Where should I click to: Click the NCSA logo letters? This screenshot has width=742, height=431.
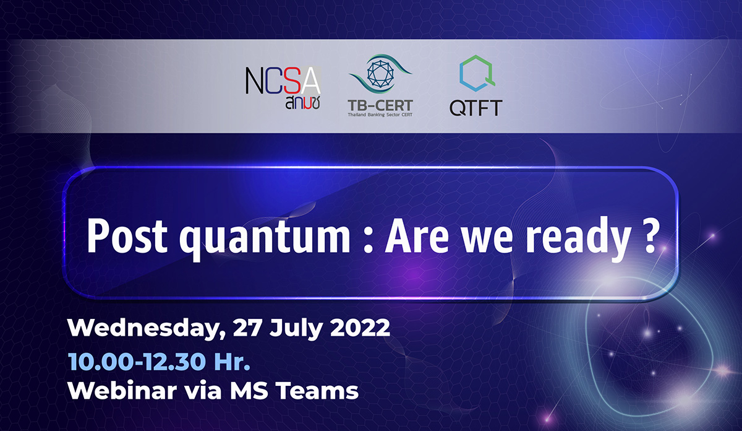tap(283, 81)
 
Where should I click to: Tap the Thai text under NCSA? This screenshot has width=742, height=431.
tap(303, 103)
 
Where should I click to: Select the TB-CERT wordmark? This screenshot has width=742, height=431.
tap(380, 106)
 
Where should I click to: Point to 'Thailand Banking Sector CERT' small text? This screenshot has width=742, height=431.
tap(380, 115)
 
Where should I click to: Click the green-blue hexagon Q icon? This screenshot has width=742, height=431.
tap(477, 73)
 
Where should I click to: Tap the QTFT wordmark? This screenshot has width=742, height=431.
tap(475, 108)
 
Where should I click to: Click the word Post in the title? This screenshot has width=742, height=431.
tap(127, 237)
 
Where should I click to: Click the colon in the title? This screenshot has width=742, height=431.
tap(367, 240)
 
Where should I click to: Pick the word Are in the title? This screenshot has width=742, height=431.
tap(417, 237)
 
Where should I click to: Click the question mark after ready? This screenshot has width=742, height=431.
tap(647, 236)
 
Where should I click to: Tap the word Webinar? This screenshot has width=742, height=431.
tap(122, 390)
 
